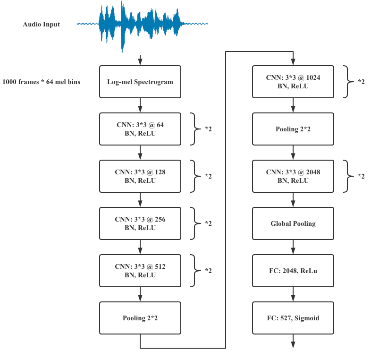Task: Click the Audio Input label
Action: pos(41,25)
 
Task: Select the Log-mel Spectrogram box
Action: pos(140,82)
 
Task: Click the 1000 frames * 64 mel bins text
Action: pos(41,82)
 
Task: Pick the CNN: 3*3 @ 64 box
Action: pos(140,129)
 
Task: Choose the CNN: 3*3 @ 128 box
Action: pos(140,176)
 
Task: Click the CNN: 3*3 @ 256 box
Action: pos(140,223)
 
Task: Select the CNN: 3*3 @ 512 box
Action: pos(140,271)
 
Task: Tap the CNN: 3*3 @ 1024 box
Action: pos(293,82)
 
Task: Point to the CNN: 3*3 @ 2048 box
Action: pos(293,176)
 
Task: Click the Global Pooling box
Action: pos(293,223)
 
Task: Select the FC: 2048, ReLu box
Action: pos(293,271)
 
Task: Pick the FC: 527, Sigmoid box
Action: pos(293,318)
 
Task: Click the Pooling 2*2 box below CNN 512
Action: pos(140,318)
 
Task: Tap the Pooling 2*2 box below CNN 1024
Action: pos(293,129)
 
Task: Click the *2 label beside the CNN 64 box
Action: pos(208,129)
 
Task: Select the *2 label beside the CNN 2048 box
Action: pos(361,176)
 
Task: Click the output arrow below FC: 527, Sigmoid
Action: pos(293,341)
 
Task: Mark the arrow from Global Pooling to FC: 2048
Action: pos(293,247)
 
